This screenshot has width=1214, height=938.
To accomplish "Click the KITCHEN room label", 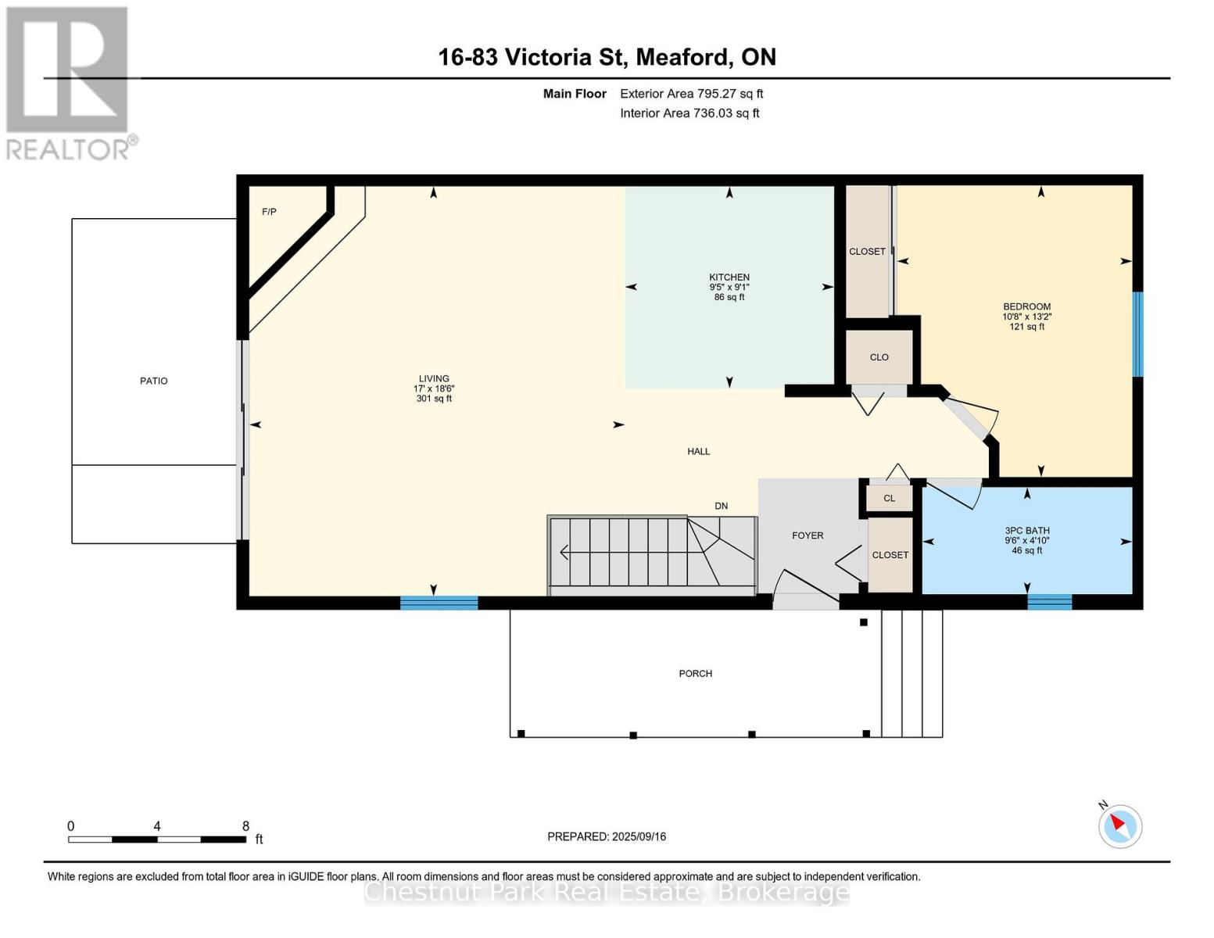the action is (729, 277).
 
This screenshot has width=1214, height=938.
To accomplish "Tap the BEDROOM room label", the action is (1027, 306).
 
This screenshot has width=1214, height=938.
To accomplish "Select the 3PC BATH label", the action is (1027, 531).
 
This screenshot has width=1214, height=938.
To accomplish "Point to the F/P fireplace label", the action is (269, 212).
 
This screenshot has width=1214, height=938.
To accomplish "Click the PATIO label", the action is (154, 381).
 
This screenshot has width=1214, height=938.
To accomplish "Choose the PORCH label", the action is (696, 674).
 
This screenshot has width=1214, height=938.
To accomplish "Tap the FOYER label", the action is (808, 535).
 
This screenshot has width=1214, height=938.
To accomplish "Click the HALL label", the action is (698, 451).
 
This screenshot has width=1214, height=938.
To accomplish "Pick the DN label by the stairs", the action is (722, 507).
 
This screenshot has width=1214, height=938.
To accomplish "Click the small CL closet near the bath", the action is (890, 499).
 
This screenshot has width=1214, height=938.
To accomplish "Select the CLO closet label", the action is (879, 357).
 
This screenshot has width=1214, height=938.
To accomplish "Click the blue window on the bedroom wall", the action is (1137, 334).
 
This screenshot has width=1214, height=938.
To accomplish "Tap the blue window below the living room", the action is (439, 603).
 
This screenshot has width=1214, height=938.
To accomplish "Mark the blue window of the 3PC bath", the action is (1050, 602).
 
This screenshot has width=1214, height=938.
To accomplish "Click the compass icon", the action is (1120, 827).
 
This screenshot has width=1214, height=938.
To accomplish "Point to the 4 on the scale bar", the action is (157, 825).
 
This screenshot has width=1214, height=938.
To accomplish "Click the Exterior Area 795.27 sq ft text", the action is (692, 94).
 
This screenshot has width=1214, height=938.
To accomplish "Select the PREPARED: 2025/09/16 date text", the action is (607, 836).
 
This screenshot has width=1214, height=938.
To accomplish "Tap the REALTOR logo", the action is (70, 84).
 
